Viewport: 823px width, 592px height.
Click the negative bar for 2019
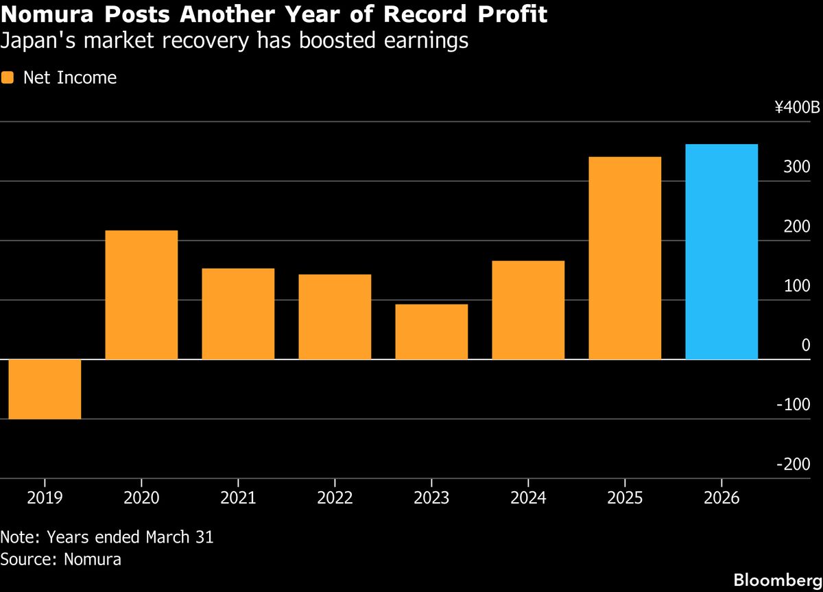pyautogui.click(x=45, y=389)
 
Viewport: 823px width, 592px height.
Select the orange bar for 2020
pyautogui.click(x=141, y=295)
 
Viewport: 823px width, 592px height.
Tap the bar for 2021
pyautogui.click(x=238, y=313)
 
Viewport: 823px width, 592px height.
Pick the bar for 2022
pyautogui.click(x=335, y=317)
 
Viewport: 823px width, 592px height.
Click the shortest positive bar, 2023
pyautogui.click(x=431, y=331)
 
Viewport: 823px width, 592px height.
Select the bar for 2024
pyautogui.click(x=528, y=310)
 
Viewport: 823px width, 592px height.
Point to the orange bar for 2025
pyautogui.click(x=625, y=258)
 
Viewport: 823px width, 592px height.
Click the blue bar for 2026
pyautogui.click(x=721, y=252)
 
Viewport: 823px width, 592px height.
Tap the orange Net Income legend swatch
pyautogui.click(x=8, y=78)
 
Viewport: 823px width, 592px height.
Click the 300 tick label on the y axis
pyautogui.click(x=798, y=167)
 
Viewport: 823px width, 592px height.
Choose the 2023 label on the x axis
pyautogui.click(x=431, y=498)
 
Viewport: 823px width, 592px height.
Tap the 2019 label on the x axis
pyautogui.click(x=45, y=498)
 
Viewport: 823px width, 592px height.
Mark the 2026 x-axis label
pyautogui.click(x=721, y=498)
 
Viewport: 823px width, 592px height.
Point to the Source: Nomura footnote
pyautogui.click(x=61, y=559)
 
